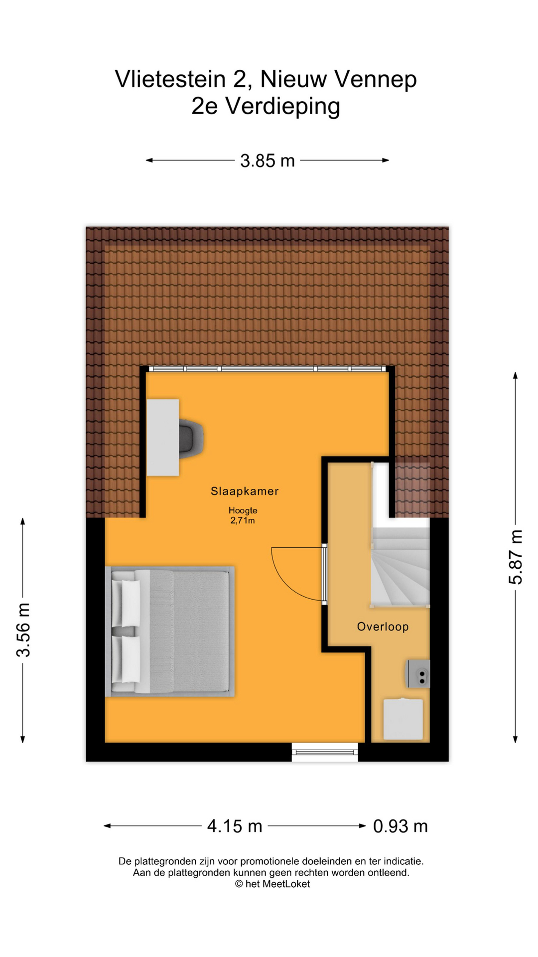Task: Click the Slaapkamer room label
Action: [245, 491]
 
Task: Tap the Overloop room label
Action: [383, 627]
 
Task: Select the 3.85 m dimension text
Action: [268, 160]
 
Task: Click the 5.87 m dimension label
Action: [516, 557]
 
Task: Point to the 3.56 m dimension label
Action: [23, 630]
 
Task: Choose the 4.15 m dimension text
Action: [235, 826]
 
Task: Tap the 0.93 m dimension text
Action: [401, 826]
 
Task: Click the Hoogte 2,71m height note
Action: [243, 515]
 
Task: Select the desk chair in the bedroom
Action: [191, 438]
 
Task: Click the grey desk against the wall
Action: [163, 437]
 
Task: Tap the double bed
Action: [169, 632]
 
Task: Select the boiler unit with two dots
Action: [418, 674]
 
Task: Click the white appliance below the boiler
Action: [403, 719]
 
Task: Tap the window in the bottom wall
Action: [325, 752]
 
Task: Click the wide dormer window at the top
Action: [268, 369]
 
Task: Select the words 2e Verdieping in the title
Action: [266, 106]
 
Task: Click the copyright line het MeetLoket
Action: [272, 884]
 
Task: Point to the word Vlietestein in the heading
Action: [170, 79]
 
